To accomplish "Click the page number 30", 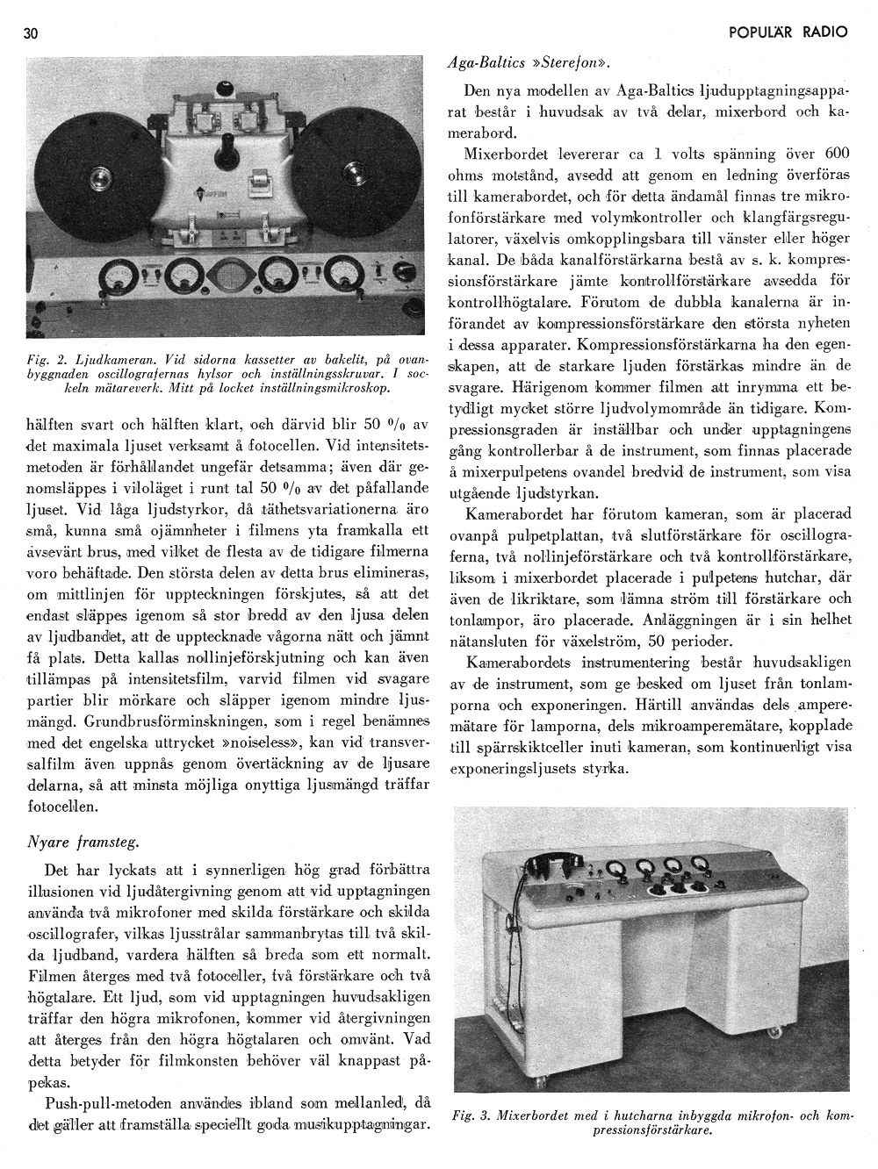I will [32, 33].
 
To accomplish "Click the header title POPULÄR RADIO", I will [788, 32].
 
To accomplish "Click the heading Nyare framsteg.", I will [84, 842].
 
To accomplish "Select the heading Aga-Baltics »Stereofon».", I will [529, 63].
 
